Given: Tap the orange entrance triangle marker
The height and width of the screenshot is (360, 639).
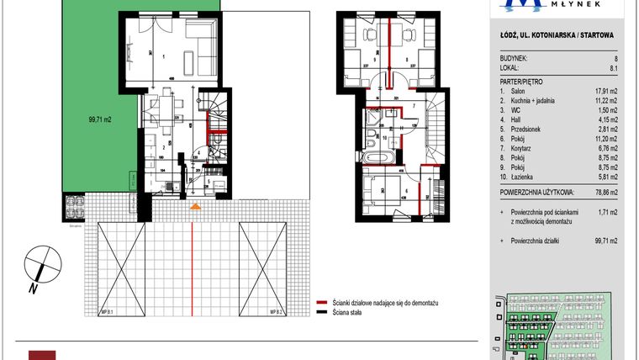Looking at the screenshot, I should click(195, 206).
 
